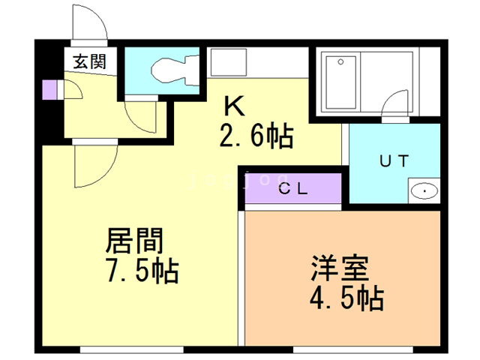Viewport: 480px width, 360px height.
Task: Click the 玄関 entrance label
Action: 89,61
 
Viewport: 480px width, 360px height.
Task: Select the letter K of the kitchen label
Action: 235,106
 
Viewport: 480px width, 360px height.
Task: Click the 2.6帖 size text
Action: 256,136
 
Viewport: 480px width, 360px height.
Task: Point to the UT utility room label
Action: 394,161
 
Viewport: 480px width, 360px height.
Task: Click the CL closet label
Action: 293,189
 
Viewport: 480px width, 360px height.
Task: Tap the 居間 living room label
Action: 134,241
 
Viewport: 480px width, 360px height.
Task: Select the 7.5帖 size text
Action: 142,271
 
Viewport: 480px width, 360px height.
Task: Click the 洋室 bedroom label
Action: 340,268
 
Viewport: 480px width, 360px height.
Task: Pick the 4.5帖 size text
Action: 346,298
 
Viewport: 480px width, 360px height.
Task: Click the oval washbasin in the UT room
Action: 424,191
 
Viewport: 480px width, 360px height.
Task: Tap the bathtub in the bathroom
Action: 340,82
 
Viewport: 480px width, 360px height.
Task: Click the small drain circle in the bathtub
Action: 340,62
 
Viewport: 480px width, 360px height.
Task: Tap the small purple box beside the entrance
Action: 50,89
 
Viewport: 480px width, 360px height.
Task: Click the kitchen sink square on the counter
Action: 228,62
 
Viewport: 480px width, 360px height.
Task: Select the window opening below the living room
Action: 132,349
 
